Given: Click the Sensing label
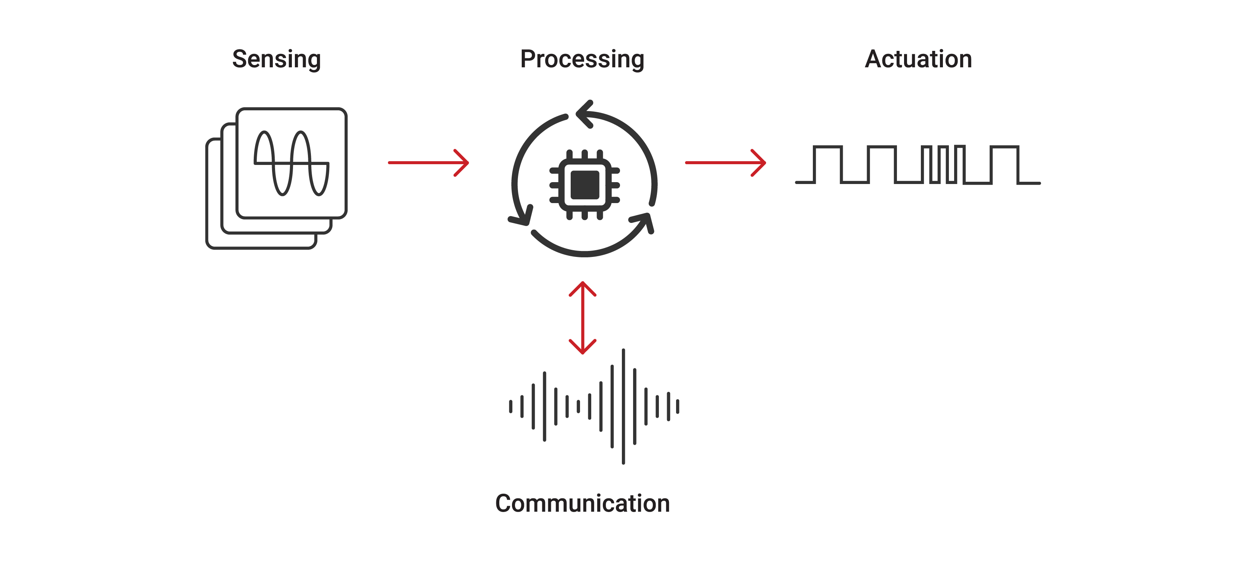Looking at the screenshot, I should pos(276,59).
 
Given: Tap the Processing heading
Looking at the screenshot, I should pos(582,59).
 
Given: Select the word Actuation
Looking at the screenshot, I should pos(918,59).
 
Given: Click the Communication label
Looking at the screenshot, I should pos(582,503).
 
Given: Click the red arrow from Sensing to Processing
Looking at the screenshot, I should pos(428,163).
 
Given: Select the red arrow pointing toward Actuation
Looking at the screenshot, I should pos(725,163).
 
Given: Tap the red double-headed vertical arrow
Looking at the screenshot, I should pos(582,318).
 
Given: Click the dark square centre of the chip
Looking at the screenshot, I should pos(585,185).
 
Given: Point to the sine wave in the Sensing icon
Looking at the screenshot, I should pos(292,163).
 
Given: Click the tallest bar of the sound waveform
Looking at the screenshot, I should pos(623,406).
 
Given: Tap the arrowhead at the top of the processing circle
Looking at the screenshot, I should pos(584,114).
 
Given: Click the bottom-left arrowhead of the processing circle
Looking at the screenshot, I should pos(521,217).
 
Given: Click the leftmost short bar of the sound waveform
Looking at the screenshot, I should pos(510,407).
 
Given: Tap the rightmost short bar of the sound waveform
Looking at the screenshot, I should pos(678,407).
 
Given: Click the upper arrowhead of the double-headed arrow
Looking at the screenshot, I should pos(582,288).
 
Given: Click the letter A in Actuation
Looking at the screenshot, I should pos(873,59).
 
